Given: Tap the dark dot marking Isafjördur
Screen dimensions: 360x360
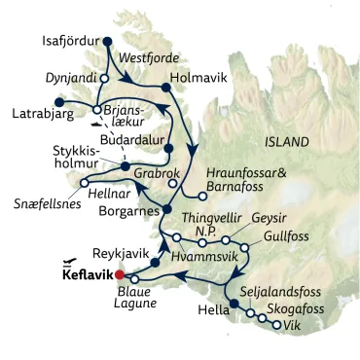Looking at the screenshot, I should click(x=107, y=41).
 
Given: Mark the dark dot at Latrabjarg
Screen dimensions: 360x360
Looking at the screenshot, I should click(x=58, y=100).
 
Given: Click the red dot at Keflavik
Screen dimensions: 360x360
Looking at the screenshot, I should click(x=120, y=275).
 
